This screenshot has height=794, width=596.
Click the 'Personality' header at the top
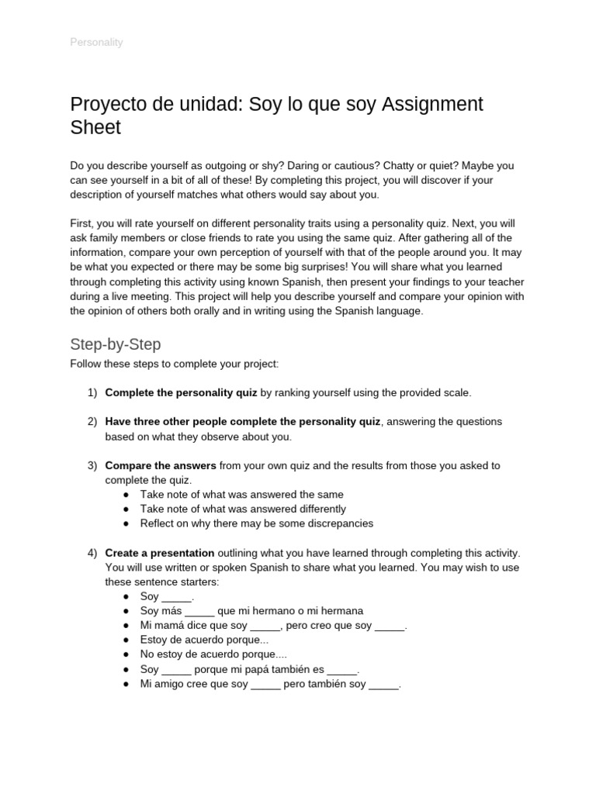coord(96,42)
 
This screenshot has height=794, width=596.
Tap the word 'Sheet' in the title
coord(95,128)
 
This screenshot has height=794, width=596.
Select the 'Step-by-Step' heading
coord(115,343)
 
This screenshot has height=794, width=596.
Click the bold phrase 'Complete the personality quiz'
coord(181,393)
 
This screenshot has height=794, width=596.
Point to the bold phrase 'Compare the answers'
coord(161,466)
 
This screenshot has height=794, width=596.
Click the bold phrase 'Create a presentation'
coord(159,553)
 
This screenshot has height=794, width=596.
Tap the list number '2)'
coord(92,422)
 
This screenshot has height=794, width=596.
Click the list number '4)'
coord(92,553)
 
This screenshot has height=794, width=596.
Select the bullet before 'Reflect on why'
coord(126,523)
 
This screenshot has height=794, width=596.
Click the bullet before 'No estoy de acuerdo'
coord(126,654)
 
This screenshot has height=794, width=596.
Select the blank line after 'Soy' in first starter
coord(176,597)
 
